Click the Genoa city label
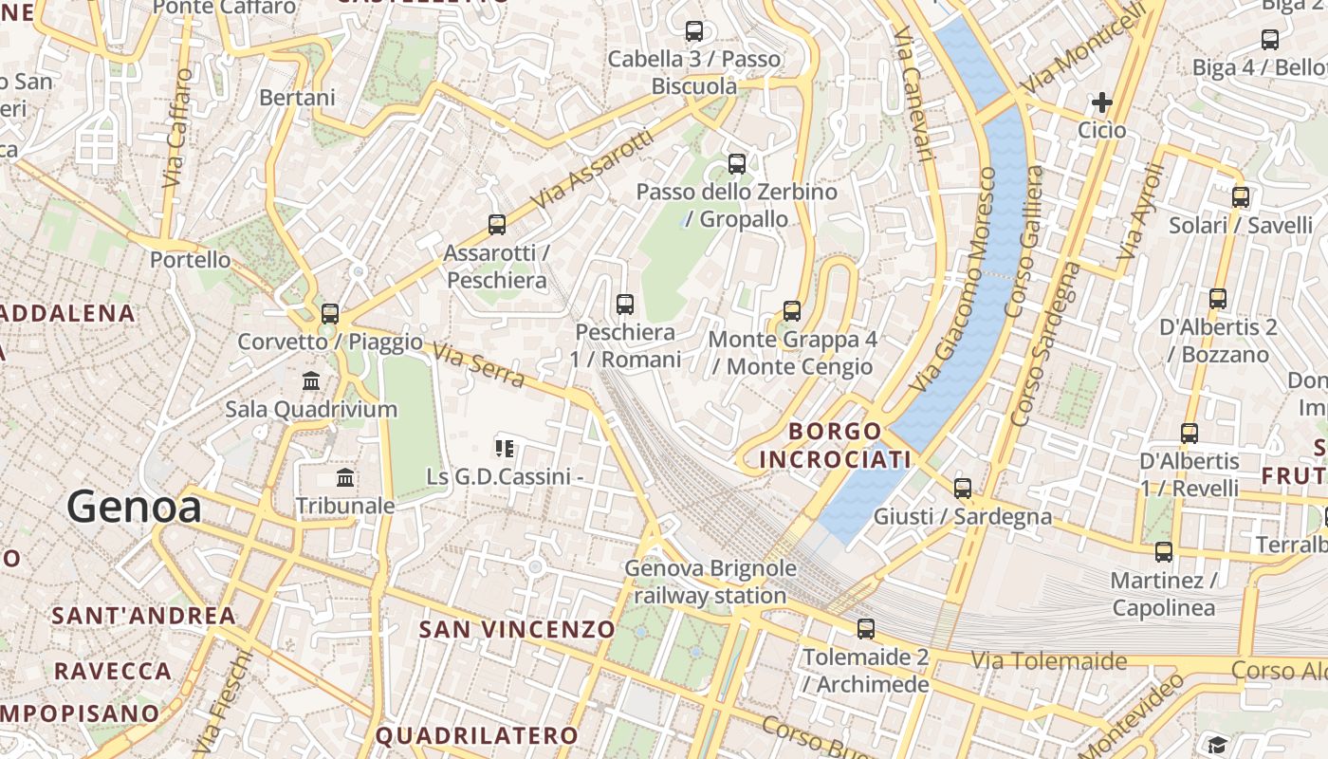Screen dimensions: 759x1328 [134, 507]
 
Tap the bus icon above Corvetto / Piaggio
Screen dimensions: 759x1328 [330, 313]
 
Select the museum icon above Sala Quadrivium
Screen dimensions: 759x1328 [310, 381]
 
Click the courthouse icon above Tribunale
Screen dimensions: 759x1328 [345, 478]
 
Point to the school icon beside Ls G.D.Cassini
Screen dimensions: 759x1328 [505, 448]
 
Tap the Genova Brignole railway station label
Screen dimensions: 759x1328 [710, 582]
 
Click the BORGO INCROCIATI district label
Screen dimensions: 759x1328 [835, 445]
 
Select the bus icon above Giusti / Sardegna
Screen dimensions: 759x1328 [963, 489]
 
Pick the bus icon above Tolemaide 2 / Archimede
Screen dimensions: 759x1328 [865, 628]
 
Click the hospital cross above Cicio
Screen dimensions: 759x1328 [1102, 102]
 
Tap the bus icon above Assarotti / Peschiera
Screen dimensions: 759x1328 [497, 225]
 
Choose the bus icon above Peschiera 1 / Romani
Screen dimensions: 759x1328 [625, 305]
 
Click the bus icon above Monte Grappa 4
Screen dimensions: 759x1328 [792, 310]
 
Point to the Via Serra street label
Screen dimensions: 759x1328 [478, 365]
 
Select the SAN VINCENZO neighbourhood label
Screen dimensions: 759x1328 [517, 629]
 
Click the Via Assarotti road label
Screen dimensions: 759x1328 [593, 171]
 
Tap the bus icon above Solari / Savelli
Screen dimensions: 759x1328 [1241, 197]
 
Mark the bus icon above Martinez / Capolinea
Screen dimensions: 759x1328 [1164, 551]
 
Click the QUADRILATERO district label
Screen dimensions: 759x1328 [477, 735]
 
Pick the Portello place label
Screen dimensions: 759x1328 [190, 259]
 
